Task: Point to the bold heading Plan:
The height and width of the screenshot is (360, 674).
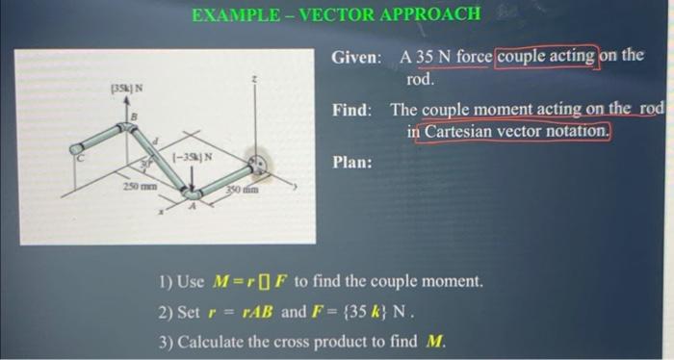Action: pos(352,162)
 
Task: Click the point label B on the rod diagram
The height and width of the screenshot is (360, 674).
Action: pos(134,118)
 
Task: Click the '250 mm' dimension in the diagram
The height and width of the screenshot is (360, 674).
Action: pos(131,184)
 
